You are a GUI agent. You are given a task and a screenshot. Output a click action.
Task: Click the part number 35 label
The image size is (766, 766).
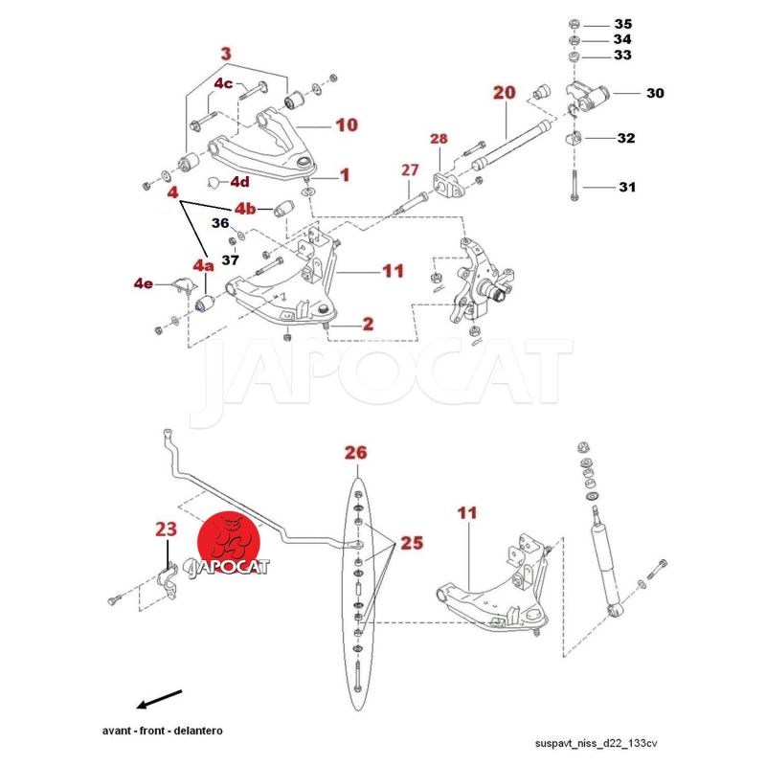coord(623,23)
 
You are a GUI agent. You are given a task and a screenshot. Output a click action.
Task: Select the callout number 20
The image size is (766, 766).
coord(504,93)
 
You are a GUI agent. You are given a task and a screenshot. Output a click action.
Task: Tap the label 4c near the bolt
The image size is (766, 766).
coord(223,83)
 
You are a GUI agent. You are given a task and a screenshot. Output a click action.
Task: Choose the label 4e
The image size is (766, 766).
coord(144,283)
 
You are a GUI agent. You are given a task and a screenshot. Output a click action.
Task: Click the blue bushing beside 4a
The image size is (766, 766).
coord(202,304)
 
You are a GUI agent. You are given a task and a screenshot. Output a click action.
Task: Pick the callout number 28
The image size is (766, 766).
coord(439,140)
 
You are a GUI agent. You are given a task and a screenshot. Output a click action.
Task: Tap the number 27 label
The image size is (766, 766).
coord(410,169)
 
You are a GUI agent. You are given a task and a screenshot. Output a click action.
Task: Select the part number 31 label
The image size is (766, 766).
coord(626,187)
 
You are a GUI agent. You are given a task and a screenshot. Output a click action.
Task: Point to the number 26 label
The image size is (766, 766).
coord(355,452)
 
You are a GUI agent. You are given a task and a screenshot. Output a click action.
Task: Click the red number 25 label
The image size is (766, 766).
coord(412,543)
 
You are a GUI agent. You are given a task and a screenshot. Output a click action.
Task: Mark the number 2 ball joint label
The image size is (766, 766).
coord(368,325)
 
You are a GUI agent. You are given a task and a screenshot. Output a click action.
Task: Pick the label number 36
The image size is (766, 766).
coord(220,223)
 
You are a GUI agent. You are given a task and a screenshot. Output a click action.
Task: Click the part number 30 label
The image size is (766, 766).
coord(655,94)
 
